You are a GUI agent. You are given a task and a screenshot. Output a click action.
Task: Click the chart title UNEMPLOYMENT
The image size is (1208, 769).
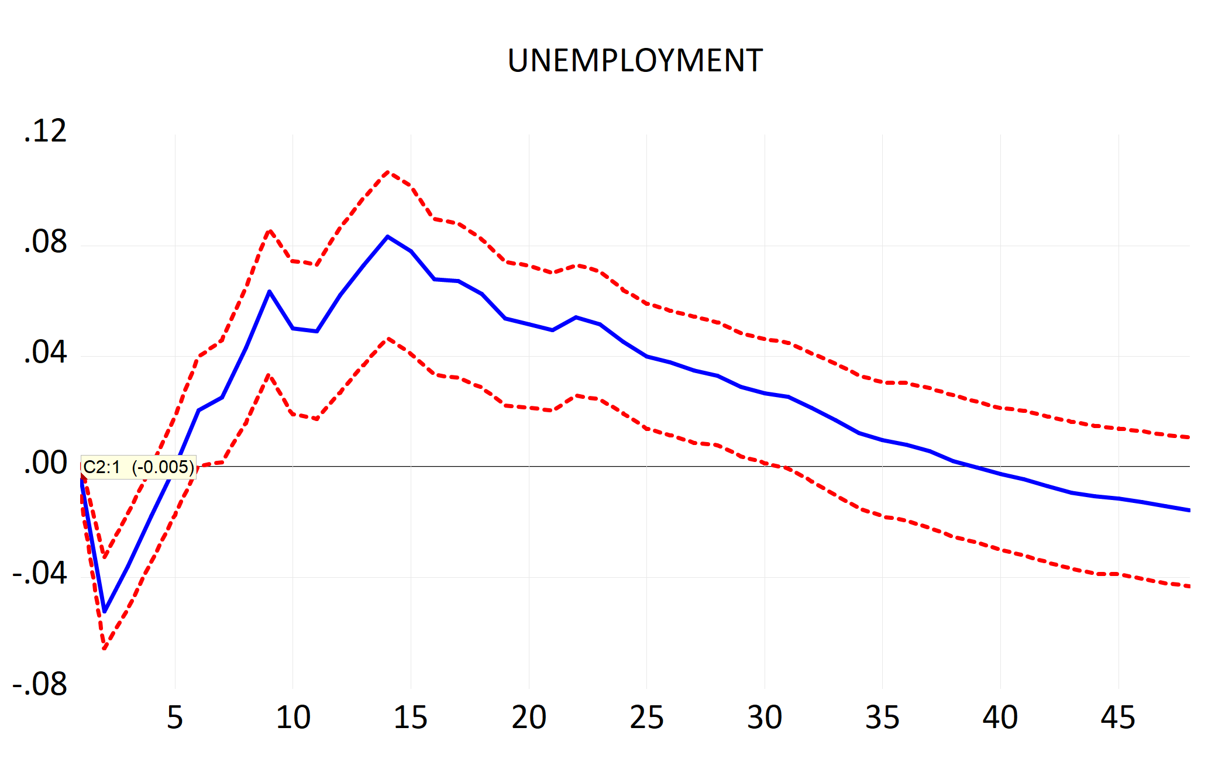[x=635, y=61]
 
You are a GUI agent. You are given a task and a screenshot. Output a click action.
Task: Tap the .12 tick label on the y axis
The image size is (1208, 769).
[x=45, y=131]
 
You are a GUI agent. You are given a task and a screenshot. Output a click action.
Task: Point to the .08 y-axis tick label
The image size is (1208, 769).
[x=45, y=242]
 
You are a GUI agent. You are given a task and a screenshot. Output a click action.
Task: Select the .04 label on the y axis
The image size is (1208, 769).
[x=45, y=353]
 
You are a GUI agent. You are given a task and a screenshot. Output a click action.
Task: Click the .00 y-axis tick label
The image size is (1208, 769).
[x=45, y=463]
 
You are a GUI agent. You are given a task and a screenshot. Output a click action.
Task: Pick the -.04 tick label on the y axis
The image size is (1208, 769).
[x=40, y=574]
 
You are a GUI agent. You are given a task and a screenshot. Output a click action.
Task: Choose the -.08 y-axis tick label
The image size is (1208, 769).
[x=40, y=684]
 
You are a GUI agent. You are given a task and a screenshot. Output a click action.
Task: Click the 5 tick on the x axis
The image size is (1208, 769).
[x=175, y=718]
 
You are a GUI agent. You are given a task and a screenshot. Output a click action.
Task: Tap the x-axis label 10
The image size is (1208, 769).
[x=293, y=718]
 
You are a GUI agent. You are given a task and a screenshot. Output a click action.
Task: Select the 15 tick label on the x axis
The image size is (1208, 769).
[x=411, y=718]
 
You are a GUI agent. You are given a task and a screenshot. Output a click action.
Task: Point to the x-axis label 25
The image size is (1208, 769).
[x=646, y=718]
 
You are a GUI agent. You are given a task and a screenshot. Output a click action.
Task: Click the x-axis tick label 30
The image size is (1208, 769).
[x=765, y=718]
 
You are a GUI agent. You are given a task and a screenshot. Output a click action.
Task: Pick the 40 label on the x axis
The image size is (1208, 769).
[x=1000, y=718]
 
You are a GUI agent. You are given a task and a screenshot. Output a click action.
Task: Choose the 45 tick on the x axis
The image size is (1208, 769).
[x=1118, y=718]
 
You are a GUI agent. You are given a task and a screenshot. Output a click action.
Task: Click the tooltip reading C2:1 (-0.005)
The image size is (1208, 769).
[x=138, y=467]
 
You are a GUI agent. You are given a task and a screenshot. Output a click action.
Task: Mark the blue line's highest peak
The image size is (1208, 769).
[x=387, y=236]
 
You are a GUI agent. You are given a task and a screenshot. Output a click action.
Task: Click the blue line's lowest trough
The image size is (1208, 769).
[x=104, y=611]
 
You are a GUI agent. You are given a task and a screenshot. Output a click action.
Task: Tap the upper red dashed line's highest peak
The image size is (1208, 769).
[x=387, y=172]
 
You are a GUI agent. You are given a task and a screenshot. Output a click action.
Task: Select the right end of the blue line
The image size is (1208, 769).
[x=1188, y=510]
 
